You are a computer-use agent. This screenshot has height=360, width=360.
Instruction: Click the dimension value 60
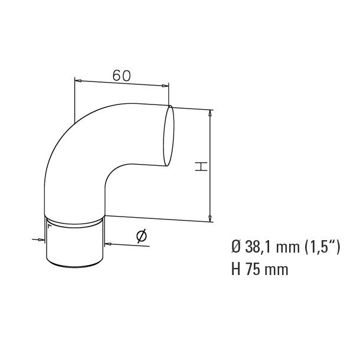click(121, 76)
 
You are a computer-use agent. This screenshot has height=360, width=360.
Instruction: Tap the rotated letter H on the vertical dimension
click(201, 167)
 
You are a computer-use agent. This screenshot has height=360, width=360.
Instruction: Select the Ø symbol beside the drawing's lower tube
click(142, 237)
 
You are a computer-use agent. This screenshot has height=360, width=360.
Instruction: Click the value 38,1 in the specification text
click(256, 248)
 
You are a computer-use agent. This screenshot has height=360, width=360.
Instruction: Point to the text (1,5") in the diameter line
click(323, 248)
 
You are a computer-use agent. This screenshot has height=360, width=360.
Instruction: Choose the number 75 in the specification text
click(252, 270)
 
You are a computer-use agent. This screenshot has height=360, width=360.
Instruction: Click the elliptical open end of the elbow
click(168, 134)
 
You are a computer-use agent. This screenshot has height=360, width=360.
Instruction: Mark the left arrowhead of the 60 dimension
click(78, 80)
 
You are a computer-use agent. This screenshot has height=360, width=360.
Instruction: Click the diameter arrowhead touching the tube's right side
click(108, 241)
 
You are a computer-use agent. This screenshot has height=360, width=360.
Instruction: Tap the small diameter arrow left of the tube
click(41, 240)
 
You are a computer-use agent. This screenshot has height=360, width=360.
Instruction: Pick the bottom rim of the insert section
click(75, 269)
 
